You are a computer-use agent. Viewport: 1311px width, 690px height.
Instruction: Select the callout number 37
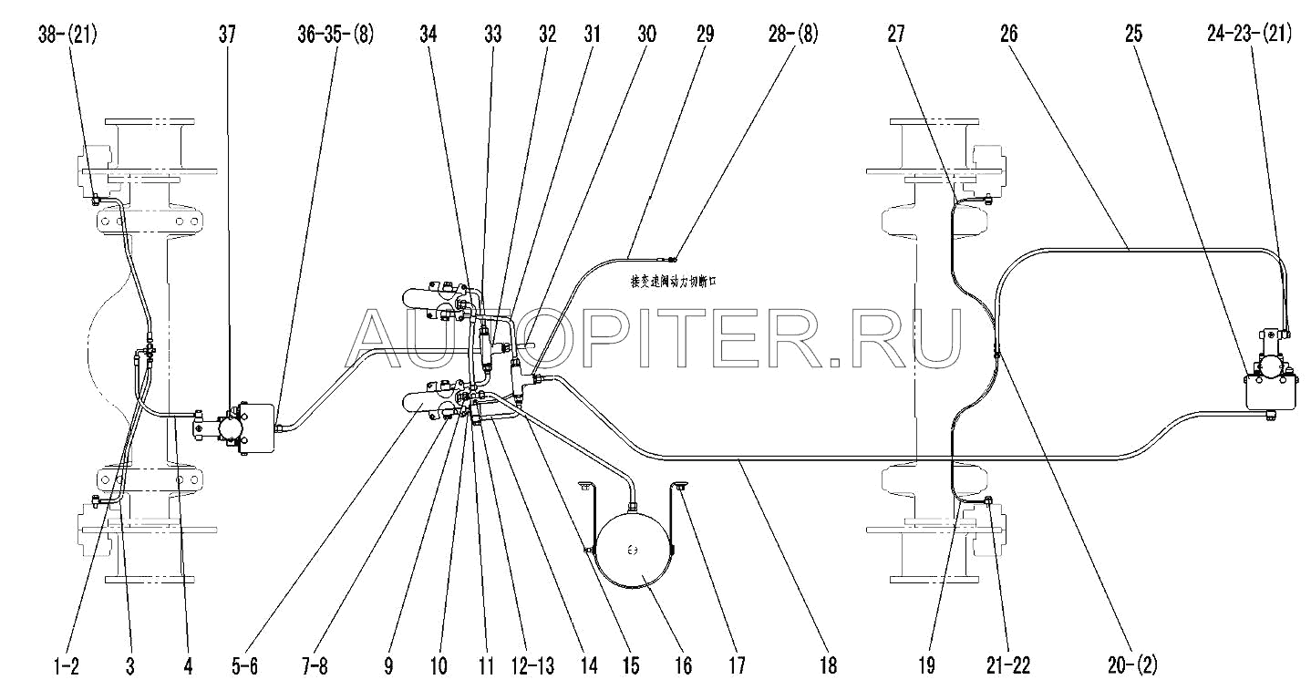click(227, 36)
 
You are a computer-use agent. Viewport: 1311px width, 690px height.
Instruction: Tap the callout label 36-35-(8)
click(335, 36)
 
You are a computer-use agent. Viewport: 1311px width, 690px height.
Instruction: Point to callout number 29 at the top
click(705, 36)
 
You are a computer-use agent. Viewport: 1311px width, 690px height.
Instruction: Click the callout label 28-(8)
click(793, 36)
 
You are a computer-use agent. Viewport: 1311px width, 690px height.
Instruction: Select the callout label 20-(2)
click(1136, 667)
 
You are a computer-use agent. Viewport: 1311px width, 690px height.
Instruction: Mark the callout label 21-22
click(1008, 667)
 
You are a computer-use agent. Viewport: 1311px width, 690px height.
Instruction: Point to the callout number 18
click(828, 667)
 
